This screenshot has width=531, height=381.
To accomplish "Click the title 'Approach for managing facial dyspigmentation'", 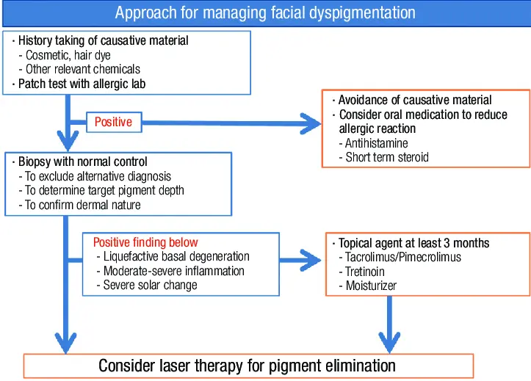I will coord(265,12).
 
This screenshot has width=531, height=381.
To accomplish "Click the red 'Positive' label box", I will coord(113,122).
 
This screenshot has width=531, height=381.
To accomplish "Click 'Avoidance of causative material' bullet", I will coord(414,100).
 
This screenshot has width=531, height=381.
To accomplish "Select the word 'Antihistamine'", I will coord(377,143).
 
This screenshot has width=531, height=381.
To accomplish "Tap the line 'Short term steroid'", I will coord(387,157).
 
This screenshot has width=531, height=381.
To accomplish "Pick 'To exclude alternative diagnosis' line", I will coord(98,176).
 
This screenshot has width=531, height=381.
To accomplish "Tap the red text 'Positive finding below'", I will coord(145,242).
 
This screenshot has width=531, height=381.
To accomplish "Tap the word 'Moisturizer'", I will coord(371,286).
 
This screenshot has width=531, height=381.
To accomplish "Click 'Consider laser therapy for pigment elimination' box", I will coord(248,366).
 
